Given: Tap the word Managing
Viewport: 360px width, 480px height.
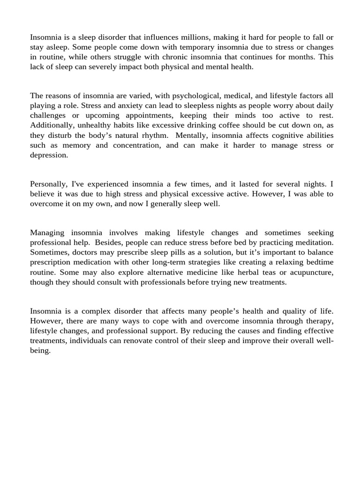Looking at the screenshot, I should (x=47, y=232).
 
